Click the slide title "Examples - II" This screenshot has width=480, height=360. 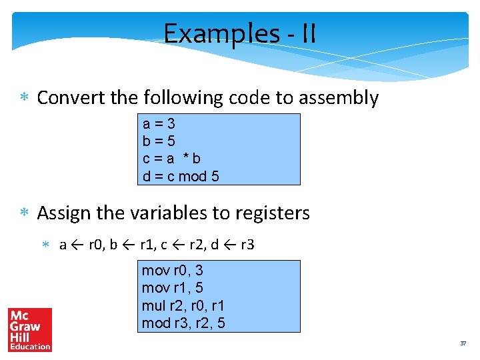coord(240,33)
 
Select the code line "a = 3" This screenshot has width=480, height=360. coord(159,124)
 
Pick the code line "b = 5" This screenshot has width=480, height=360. coord(159,141)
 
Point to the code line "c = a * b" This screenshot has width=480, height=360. coord(171,159)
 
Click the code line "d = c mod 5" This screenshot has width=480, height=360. coord(181,177)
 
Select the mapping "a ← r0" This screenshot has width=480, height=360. coord(80,245)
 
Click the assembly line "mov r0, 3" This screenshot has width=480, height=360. coord(173,271)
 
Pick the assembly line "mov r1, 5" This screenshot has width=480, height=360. coord(173,288)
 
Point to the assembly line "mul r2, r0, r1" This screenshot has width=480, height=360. coord(183,306)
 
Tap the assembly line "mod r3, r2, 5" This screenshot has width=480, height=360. coord(183,323)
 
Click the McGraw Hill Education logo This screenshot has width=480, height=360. coord(29,329)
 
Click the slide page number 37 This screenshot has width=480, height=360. coord(463,343)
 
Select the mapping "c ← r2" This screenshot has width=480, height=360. coord(181,245)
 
